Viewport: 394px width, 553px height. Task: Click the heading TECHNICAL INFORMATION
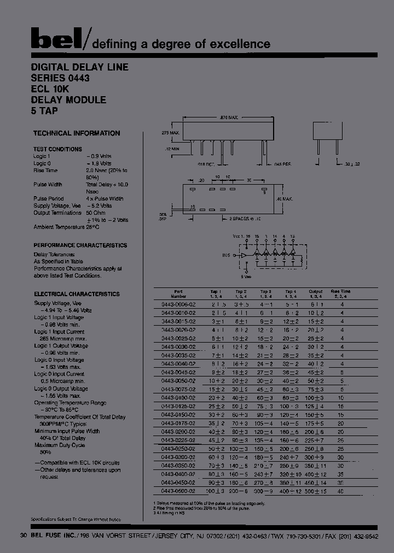76,133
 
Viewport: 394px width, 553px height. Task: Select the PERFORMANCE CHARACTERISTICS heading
80,246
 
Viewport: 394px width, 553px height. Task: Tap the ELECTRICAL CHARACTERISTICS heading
76,294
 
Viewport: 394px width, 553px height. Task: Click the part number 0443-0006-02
179,304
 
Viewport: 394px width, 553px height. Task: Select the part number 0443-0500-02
179,491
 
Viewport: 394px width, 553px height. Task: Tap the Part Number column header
179,294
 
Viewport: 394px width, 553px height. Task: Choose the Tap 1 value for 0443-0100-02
217,398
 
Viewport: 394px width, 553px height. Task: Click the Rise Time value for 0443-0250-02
342,449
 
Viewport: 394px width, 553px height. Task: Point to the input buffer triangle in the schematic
242,255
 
